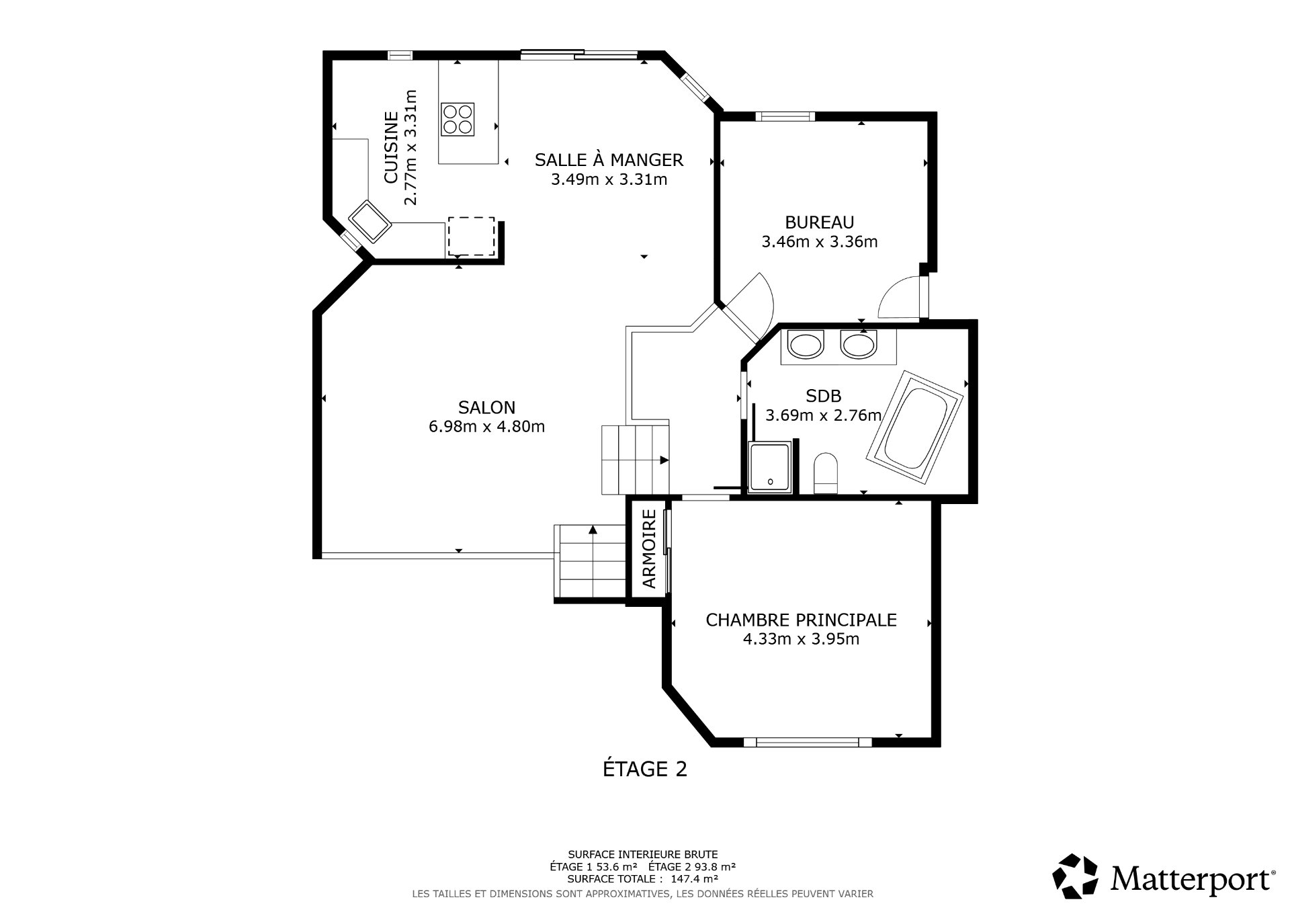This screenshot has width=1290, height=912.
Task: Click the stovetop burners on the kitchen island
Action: click(x=457, y=119)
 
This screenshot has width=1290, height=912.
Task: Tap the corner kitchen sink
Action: click(x=370, y=220)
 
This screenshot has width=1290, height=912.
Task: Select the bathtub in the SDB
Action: click(x=916, y=426)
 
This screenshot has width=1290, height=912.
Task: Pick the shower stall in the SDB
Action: click(x=770, y=467)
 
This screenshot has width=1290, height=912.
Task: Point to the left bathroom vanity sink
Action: click(x=805, y=345)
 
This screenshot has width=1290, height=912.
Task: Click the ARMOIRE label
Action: click(x=649, y=549)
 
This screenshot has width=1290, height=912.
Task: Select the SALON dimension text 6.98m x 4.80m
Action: click(x=486, y=426)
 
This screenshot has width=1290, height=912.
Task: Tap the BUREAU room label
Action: click(x=819, y=222)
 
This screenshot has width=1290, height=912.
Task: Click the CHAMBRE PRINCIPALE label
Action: click(x=801, y=620)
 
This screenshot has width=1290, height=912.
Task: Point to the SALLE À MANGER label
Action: click(x=609, y=160)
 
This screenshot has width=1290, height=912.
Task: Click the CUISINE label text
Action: click(x=391, y=148)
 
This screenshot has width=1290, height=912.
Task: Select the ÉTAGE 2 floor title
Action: click(x=644, y=769)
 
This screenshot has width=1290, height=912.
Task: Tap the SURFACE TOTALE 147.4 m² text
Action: click(x=642, y=878)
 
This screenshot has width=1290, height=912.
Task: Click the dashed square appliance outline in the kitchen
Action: click(x=471, y=236)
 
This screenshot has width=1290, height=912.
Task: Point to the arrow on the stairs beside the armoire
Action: click(x=593, y=530)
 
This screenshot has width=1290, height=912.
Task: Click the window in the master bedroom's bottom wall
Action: click(x=807, y=742)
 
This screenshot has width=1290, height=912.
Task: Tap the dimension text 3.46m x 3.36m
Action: click(x=819, y=242)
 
